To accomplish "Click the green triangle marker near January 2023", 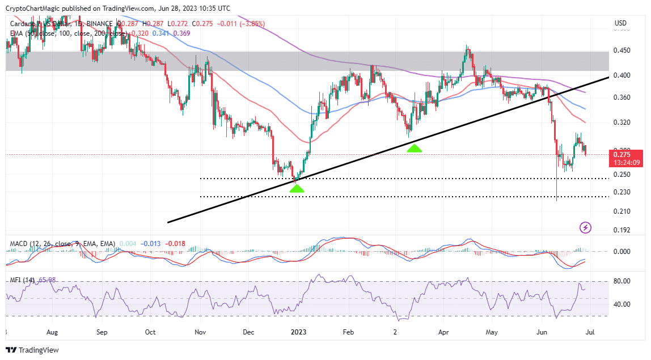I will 297,188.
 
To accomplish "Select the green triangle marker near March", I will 414,148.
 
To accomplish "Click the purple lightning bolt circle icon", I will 586,228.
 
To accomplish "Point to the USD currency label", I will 621,23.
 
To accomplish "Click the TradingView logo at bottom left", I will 32,350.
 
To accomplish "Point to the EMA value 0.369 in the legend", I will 181,33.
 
